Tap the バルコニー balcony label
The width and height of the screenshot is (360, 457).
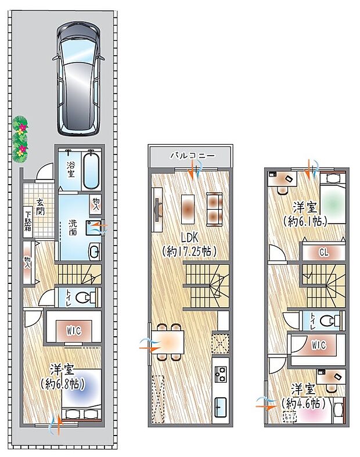192,156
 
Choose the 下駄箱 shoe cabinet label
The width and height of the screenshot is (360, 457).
27,221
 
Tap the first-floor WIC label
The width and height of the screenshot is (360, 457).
73,331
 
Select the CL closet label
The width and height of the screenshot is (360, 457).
324,252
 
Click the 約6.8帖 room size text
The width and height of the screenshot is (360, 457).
63,383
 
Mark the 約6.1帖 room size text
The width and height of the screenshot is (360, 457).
304,221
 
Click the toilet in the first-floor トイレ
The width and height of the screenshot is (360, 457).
87,298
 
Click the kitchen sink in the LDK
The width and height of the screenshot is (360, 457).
221,406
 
